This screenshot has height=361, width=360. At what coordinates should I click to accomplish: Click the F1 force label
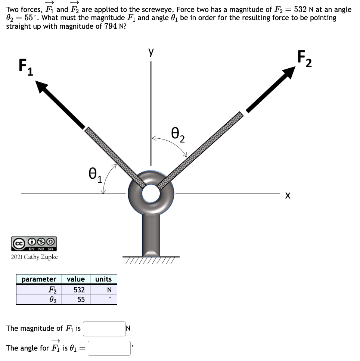pos(25,68)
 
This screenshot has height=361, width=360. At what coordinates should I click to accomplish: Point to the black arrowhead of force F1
pos(42,88)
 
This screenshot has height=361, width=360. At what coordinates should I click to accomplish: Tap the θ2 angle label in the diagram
pos(178,135)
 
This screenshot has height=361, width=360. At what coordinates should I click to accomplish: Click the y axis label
pos(151,53)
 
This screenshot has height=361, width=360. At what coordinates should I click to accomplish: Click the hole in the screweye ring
pos(150,193)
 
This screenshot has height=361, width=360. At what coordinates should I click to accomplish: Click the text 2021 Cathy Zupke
pos(34,257)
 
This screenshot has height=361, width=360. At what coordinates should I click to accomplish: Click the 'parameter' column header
pos(39,279)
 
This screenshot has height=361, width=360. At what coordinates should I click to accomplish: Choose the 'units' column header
pos(103,279)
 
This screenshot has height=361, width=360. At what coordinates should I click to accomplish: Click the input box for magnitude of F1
pos(104,329)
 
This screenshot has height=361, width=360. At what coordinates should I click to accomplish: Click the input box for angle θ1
pos(109,348)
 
